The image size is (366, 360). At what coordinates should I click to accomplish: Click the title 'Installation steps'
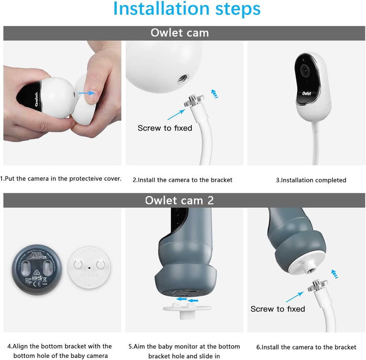[x=187, y=9]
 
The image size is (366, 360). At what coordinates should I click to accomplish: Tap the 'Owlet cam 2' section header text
[x=179, y=200]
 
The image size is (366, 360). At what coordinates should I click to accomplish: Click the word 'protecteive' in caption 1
[x=86, y=178]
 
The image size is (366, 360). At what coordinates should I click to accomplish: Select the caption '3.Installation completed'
[x=311, y=180]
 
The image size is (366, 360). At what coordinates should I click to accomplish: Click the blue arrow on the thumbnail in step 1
[x=86, y=93]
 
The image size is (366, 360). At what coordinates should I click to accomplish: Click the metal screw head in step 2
[x=194, y=100]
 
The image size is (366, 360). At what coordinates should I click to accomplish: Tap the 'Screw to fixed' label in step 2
[x=165, y=128]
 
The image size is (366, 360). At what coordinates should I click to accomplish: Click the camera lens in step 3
[x=305, y=70]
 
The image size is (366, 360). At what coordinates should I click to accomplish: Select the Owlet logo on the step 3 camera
[x=307, y=94]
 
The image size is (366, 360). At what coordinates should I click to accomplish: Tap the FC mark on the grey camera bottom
[x=28, y=280]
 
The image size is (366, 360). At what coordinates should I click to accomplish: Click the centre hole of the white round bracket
[x=89, y=268]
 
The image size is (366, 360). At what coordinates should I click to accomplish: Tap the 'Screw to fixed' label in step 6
[x=278, y=309]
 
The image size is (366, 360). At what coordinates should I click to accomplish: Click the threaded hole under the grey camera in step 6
[x=311, y=271]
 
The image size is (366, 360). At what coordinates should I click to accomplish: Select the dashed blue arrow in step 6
[x=335, y=274]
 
